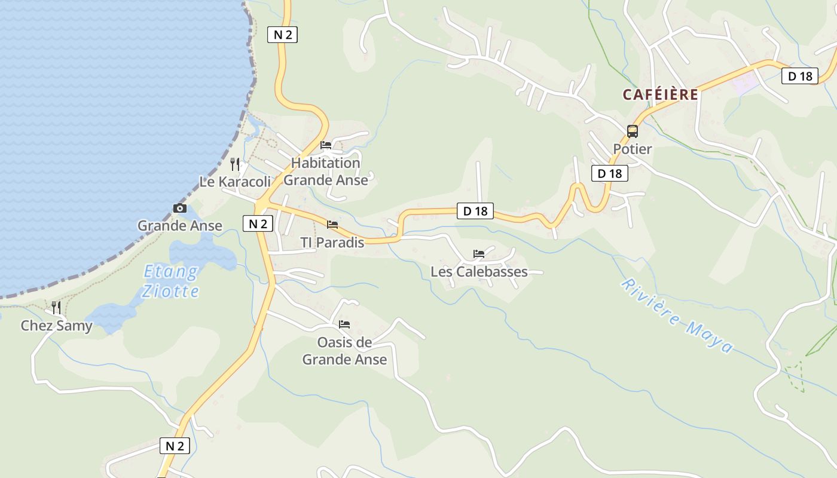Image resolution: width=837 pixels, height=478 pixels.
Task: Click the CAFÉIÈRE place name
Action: click(660, 94)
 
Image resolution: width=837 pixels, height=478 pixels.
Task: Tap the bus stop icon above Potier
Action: click(632, 131)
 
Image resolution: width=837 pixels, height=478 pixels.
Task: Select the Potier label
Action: click(632, 149)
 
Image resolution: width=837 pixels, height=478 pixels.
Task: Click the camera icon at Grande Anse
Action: click(179, 208)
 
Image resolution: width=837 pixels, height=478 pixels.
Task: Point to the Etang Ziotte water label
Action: click(171, 281)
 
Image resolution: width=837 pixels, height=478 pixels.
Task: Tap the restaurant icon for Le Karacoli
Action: click(235, 164)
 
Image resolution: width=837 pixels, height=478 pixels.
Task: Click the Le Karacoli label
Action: click(235, 182)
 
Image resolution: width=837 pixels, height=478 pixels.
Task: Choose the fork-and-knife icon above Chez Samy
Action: click(56, 308)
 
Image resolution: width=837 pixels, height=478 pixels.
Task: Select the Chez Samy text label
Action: click(56, 326)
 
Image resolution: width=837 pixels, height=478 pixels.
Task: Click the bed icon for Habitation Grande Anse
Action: click(326, 145)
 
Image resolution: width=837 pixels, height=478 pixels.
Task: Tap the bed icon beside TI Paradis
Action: click(332, 225)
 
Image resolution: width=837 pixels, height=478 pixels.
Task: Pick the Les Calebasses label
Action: click(479, 272)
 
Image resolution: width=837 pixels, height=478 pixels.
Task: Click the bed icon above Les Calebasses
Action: click(479, 254)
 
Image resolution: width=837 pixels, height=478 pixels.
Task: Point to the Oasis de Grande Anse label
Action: click(344, 351)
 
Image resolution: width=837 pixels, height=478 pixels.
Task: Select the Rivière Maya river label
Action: click(677, 315)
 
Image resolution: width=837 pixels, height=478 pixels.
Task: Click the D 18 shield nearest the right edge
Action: click(799, 76)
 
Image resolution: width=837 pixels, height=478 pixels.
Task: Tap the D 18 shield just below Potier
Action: click(609, 173)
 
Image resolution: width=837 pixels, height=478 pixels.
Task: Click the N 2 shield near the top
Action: click(282, 35)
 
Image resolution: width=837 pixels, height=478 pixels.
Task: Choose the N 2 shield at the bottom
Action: click(175, 446)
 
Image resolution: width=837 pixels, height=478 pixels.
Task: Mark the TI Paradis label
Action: click(332, 243)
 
